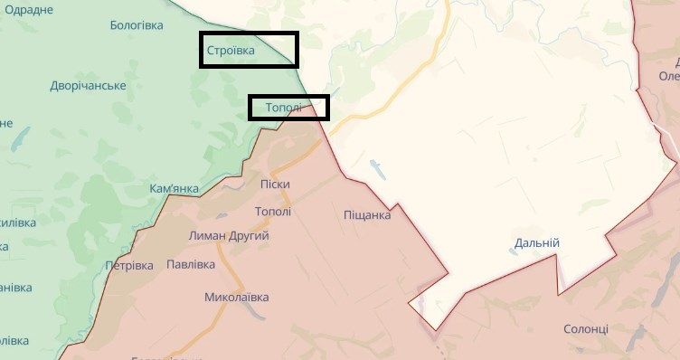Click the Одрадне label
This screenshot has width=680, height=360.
coord(28,9)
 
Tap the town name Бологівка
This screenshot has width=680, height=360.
coord(136,25)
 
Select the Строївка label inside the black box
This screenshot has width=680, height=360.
coord(231,51)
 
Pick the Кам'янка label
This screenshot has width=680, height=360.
coord(174,189)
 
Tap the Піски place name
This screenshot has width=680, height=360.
coord(274,185)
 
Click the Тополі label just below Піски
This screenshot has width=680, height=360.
coord(273,212)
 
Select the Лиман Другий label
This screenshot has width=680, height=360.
coord(229,235)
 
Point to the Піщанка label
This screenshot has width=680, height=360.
coord(367,215)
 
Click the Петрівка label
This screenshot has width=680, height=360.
coord(129,266)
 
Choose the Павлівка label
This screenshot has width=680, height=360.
coord(191,265)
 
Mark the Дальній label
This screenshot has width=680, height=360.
coord(537,243)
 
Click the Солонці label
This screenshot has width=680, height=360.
coord(586,329)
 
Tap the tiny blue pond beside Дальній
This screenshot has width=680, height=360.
coord(513,252)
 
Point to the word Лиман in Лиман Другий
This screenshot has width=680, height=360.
coord(205,235)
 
